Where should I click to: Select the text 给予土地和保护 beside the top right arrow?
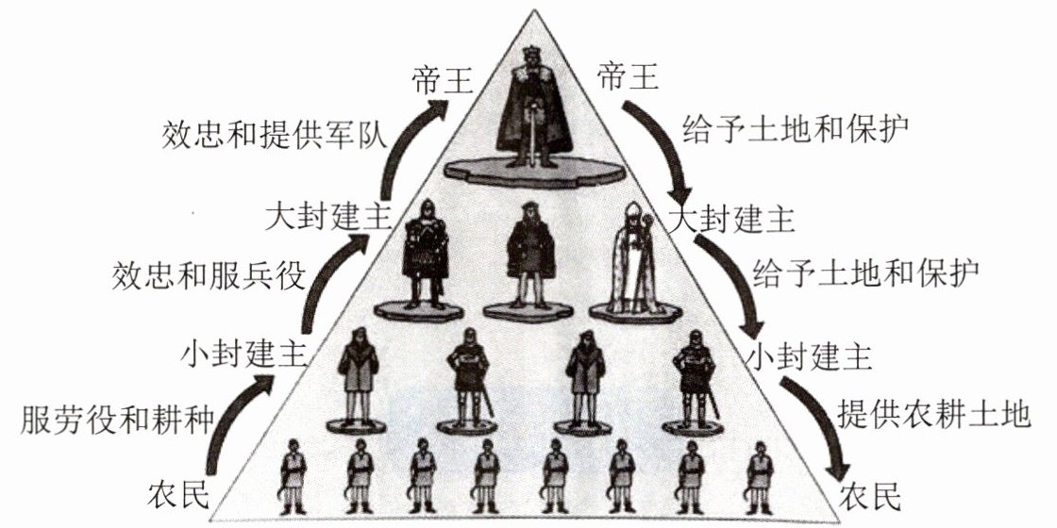pos(796,126)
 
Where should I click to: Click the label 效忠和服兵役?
pos(210,276)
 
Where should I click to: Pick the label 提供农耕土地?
pos(933,415)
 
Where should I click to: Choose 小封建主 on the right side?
pos(807,357)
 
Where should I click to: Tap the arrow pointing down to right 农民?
pos(817,429)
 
